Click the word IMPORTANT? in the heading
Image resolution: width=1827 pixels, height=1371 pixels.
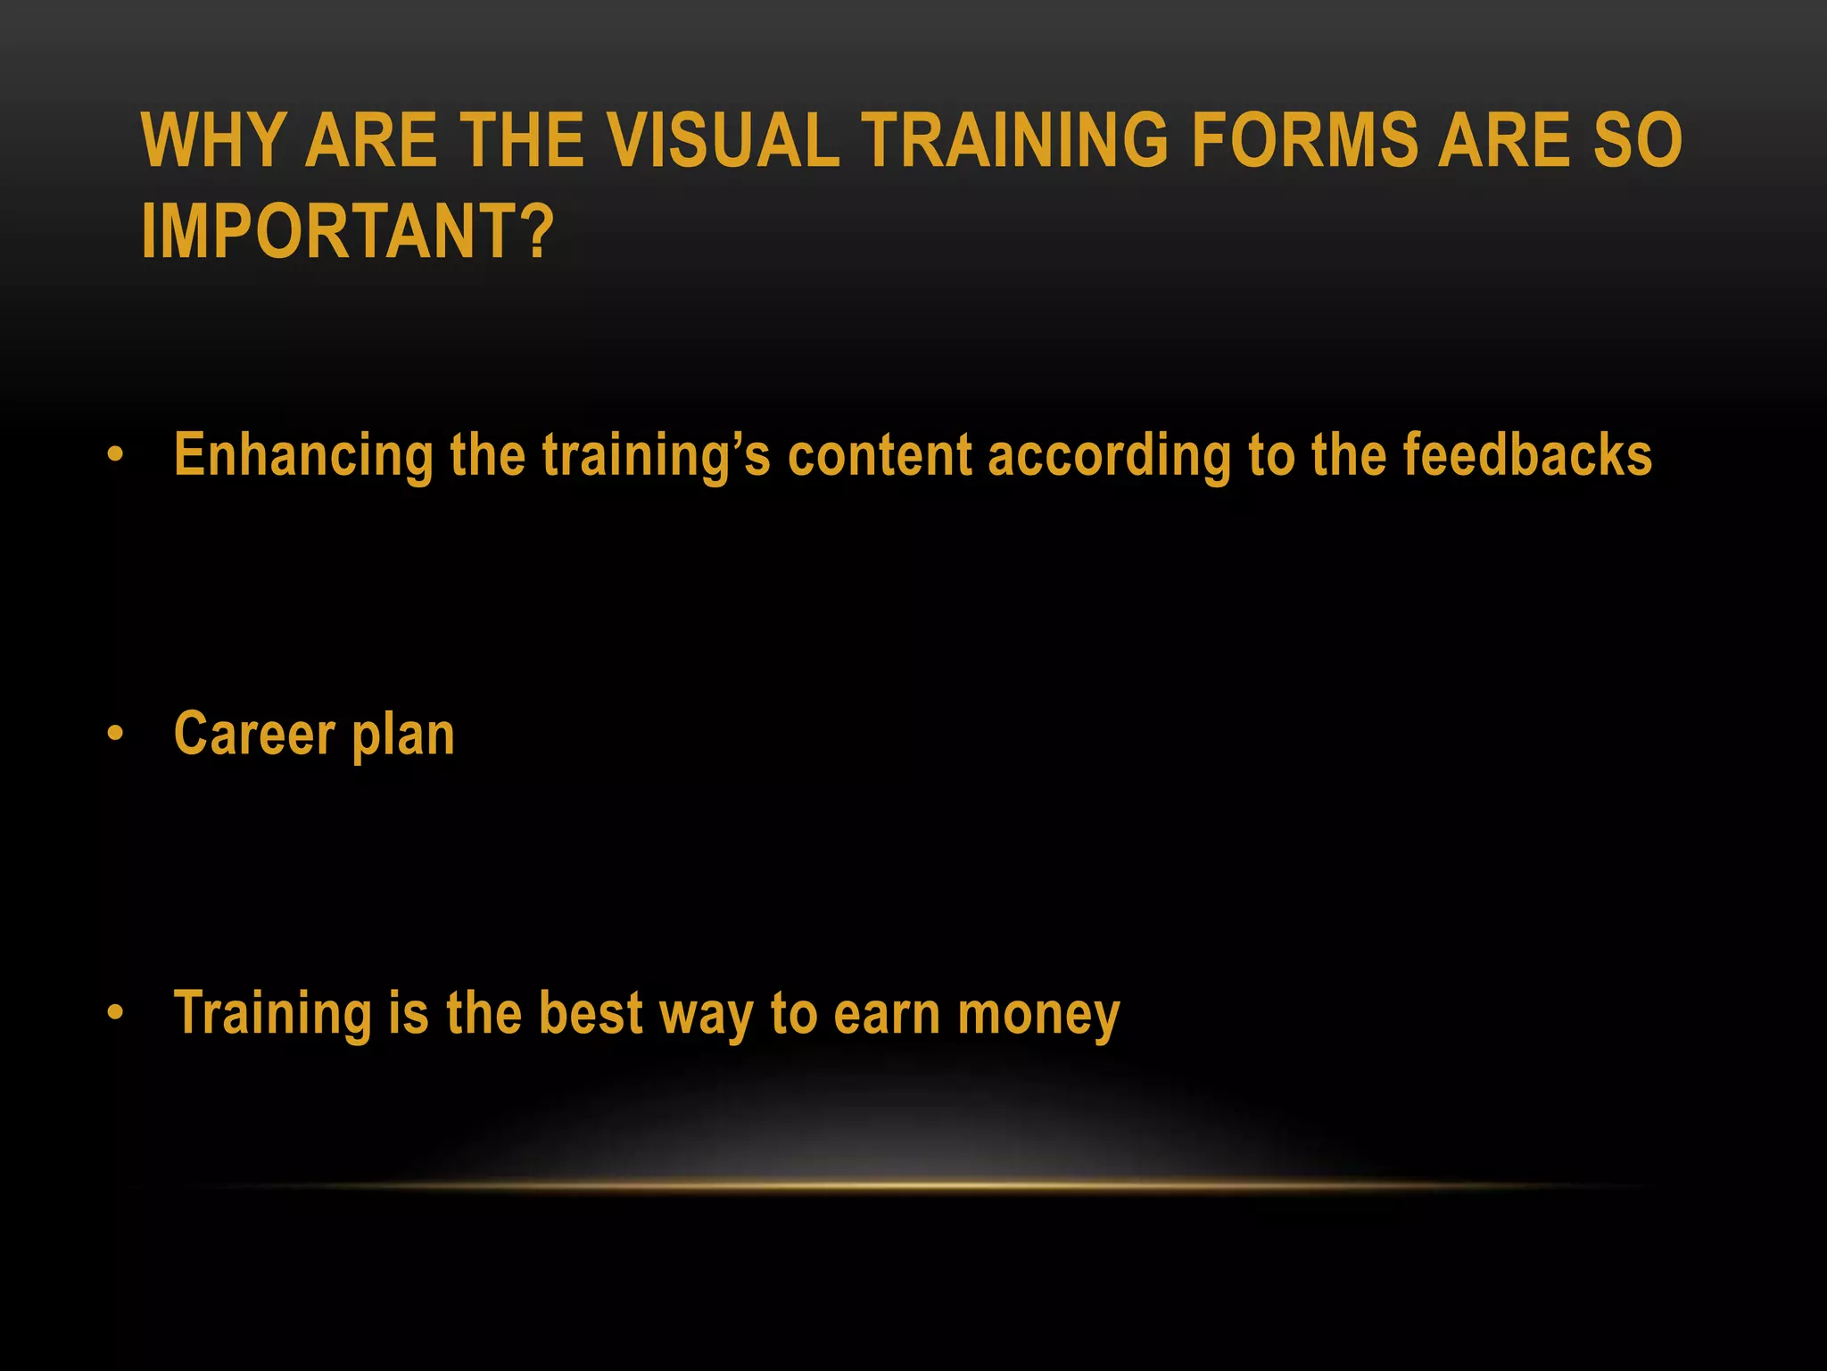point(348,231)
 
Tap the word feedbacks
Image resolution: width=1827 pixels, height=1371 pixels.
point(1527,455)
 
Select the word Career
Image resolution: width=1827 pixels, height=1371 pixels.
point(254,734)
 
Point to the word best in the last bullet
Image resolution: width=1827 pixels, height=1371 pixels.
point(591,1013)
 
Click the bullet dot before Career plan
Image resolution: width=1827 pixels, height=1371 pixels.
point(115,735)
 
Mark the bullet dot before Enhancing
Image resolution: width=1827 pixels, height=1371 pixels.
point(115,456)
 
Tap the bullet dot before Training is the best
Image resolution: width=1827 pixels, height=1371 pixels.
point(115,1013)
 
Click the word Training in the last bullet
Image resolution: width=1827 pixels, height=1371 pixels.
point(273,1015)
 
